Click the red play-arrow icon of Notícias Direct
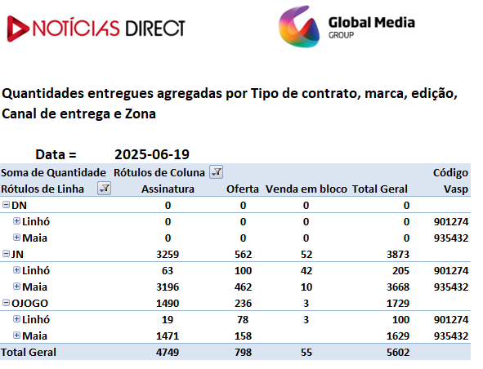point(17,29)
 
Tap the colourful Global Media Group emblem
point(299,26)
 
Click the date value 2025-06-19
point(152,154)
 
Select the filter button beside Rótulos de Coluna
point(217,171)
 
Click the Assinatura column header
point(168,189)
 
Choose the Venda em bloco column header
point(306,189)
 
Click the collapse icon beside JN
point(7,254)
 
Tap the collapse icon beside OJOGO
point(7,303)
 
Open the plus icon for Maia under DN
point(16,238)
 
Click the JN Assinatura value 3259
point(168,254)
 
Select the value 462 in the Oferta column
point(243,287)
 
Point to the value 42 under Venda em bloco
point(306,270)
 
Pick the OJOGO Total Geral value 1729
point(398,303)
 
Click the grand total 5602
point(398,352)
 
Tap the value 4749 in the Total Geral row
point(168,352)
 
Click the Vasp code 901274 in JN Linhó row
point(451,270)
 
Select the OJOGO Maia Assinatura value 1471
point(168,336)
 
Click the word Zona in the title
point(140,113)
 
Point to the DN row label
point(19,205)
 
